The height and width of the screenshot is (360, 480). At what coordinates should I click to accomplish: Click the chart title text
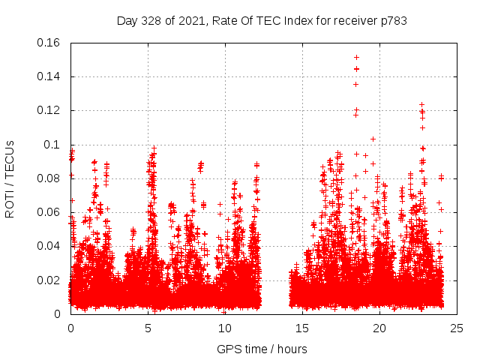[262, 20]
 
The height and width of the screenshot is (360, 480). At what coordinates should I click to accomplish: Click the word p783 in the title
[392, 20]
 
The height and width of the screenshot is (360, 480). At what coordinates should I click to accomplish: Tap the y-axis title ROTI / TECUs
[10, 178]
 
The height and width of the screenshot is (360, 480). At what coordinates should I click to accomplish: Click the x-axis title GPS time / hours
[262, 349]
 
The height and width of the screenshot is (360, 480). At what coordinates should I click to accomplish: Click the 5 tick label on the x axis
[148, 328]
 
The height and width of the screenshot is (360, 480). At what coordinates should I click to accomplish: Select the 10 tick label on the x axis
[225, 328]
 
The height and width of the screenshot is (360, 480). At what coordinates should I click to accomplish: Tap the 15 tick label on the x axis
[302, 328]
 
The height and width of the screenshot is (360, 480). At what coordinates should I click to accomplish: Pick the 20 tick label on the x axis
[380, 328]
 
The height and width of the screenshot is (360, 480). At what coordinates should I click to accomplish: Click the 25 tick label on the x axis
[457, 328]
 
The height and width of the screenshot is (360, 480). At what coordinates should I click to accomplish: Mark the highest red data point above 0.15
[356, 57]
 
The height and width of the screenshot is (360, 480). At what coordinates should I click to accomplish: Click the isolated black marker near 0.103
[373, 139]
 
